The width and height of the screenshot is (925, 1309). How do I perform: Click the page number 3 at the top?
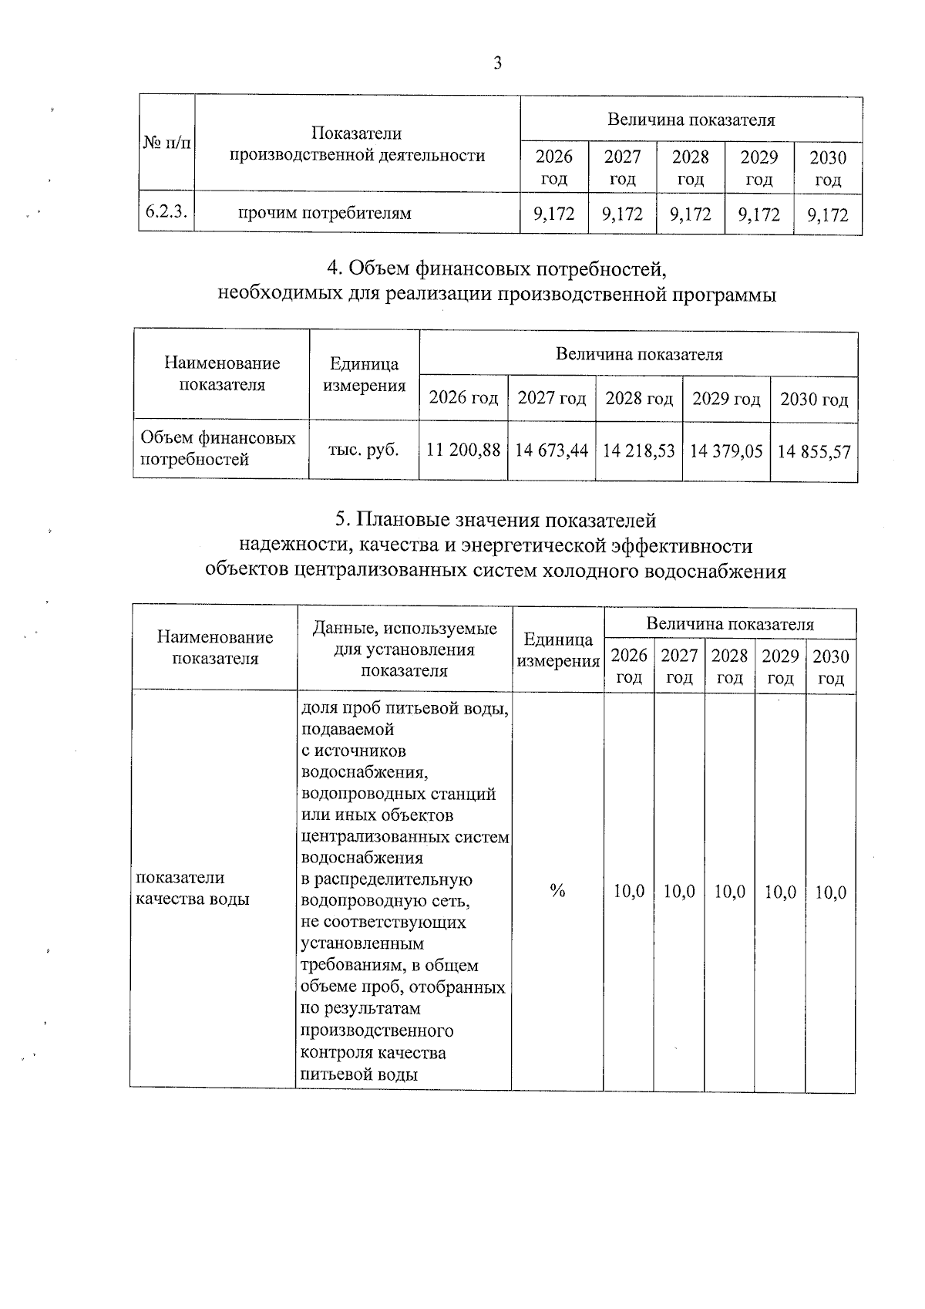(x=497, y=63)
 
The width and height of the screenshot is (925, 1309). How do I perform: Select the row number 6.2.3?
(x=166, y=212)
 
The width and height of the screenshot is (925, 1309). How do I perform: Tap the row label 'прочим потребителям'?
(x=324, y=213)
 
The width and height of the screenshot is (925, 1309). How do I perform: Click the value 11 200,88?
(x=463, y=450)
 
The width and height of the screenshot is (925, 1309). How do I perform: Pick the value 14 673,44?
(x=551, y=450)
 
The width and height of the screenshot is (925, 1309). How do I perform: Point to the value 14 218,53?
(x=638, y=450)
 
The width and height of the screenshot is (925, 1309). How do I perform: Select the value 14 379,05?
(x=726, y=450)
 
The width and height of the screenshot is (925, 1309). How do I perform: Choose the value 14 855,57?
(x=814, y=450)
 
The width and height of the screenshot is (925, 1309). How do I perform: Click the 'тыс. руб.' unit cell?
(x=364, y=449)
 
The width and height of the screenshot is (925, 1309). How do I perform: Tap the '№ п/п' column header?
(x=166, y=143)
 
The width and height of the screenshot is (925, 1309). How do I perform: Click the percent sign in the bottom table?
(x=557, y=891)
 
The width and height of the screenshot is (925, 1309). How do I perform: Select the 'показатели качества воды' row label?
(x=193, y=888)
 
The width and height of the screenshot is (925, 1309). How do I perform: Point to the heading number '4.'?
(x=334, y=268)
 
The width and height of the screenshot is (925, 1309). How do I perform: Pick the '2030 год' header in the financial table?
(x=814, y=399)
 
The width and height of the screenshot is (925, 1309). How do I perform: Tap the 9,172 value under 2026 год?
(x=554, y=214)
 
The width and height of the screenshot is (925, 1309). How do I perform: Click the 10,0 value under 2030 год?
(x=830, y=892)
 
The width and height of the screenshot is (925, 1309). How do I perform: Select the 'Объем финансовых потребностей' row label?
(x=217, y=448)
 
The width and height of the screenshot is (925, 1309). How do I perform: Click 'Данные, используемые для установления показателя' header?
(x=404, y=649)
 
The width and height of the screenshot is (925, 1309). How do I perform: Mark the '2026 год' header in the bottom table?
(x=629, y=666)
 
